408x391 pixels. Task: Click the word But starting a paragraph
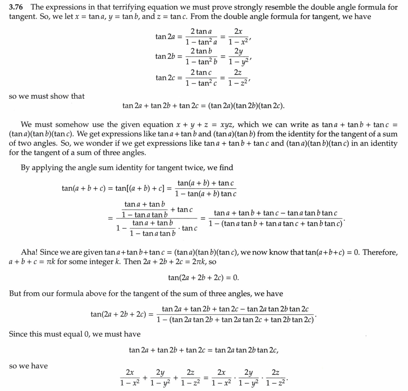point(16,293)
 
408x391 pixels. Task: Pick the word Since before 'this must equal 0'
point(19,334)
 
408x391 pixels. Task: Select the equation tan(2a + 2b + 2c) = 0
point(204,278)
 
